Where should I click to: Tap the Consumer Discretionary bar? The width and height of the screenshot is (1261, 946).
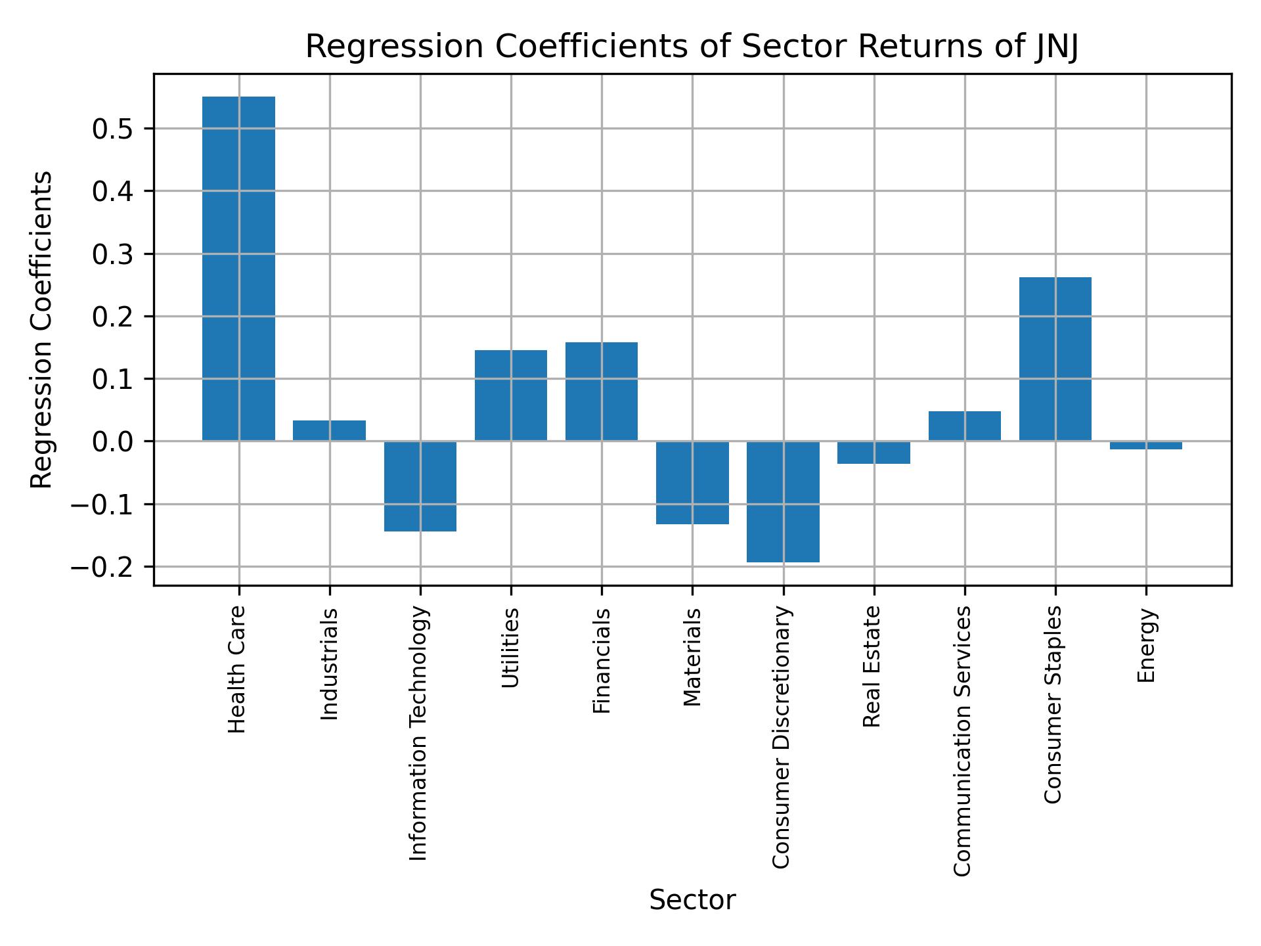pos(783,501)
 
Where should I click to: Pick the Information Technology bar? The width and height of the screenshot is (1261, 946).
pos(420,486)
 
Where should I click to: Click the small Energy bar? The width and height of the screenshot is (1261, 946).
pos(1146,445)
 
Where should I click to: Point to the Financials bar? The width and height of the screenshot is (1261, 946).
pos(601,392)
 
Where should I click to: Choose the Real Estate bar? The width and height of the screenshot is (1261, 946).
pos(874,453)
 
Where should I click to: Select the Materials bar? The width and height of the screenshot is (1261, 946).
pos(692,483)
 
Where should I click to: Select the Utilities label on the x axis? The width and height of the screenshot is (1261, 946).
pos(510,648)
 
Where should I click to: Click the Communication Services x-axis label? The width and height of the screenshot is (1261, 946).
pos(962,740)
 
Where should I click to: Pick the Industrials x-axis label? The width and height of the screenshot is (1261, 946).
pos(329,664)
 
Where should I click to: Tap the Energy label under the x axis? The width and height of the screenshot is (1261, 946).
pos(1146,646)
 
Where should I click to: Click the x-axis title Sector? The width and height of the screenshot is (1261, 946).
pos(692,900)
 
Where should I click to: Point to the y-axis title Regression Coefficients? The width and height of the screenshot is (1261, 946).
pos(42,330)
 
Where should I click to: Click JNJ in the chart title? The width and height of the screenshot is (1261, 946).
pos(1055,47)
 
